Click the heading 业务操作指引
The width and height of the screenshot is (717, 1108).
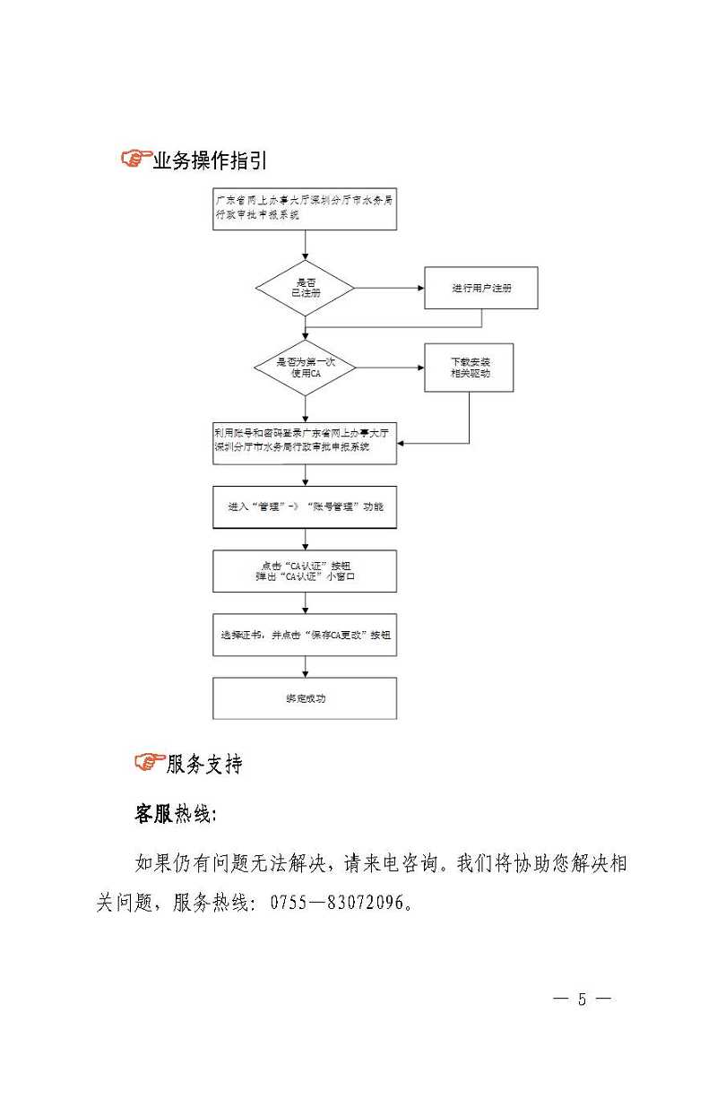pos(210,161)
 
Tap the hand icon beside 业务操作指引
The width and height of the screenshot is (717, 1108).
pos(135,160)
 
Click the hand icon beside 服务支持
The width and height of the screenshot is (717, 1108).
pos(149,763)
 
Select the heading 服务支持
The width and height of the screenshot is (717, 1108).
pos(204,764)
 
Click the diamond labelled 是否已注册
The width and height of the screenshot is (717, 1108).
pos(306,288)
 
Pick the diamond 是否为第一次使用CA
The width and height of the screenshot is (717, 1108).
pos(306,367)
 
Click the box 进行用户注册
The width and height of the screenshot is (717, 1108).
pos(481,288)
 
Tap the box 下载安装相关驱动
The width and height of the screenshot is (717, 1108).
pos(469,368)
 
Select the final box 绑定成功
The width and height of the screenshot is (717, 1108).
pos(305,698)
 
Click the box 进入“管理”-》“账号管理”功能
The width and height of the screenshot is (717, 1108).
pos(305,507)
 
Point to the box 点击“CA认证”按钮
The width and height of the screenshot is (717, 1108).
pos(305,571)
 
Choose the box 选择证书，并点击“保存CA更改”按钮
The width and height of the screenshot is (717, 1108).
pos(305,635)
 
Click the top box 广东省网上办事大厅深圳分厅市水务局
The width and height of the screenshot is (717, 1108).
pos(305,210)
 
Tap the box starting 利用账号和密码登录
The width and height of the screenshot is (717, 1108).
pos(305,443)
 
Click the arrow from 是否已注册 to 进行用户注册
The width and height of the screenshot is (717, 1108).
pos(389,288)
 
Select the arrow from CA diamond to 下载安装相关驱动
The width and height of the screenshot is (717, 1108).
pos(390,368)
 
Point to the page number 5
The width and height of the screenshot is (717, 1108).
pos(582,1000)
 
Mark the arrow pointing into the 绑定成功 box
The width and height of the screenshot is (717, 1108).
pos(306,667)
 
